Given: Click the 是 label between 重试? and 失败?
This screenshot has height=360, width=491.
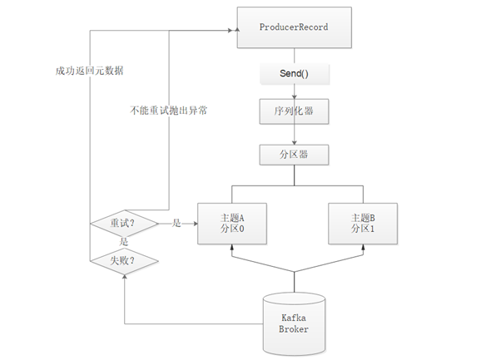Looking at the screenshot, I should pos(125,242).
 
